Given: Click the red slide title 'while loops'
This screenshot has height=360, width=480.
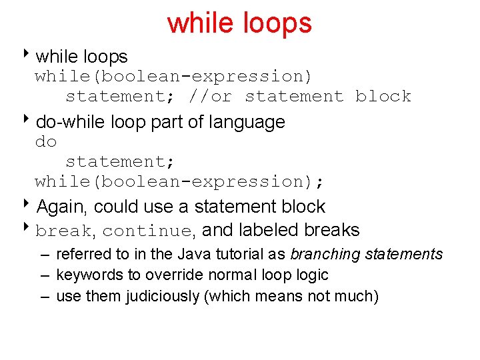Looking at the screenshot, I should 239,23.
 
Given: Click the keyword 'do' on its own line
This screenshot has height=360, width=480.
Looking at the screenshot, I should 46,142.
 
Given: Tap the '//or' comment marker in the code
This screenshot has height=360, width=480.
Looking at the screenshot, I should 210,97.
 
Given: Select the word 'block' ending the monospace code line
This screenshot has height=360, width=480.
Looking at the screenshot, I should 383,97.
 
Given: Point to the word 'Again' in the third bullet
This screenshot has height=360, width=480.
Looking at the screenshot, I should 59,207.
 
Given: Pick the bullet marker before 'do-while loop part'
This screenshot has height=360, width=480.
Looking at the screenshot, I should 29,121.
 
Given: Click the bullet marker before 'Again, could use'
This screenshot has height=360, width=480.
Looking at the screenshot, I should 29,205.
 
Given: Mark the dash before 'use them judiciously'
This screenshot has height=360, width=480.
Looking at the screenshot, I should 44,296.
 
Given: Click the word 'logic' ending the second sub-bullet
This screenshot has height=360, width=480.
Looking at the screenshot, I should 312,275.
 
